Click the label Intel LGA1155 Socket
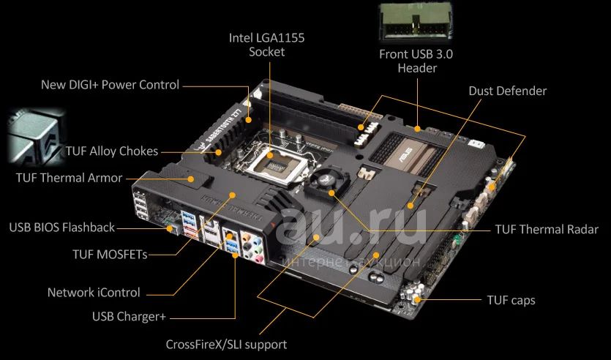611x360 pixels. tap(266, 45)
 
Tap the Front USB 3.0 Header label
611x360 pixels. tap(416, 61)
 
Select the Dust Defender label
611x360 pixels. tap(507, 91)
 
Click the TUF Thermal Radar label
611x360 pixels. tap(547, 229)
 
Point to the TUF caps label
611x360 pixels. tap(511, 300)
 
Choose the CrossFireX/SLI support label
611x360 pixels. tap(226, 345)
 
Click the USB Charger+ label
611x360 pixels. tap(129, 316)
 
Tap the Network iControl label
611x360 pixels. tap(94, 292)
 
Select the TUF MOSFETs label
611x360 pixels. tap(110, 255)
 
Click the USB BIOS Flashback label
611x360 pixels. tap(62, 227)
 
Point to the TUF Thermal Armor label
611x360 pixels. tap(70, 178)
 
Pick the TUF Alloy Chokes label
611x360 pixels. tap(112, 151)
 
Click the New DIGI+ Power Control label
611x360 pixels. tap(110, 85)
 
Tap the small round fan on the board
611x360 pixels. tap(326, 182)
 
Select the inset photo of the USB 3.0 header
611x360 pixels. tap(416, 21)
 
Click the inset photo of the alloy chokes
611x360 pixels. tap(35, 136)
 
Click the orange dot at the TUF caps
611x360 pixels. tap(417, 299)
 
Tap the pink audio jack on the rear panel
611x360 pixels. tap(258, 258)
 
